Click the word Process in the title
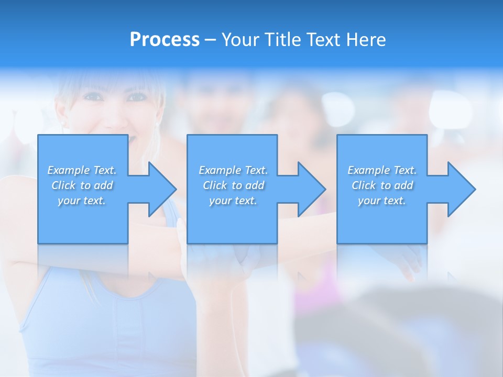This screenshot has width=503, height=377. pyautogui.click(x=165, y=39)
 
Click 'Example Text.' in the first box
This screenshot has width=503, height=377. pyautogui.click(x=82, y=170)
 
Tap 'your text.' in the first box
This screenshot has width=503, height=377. pyautogui.click(x=82, y=201)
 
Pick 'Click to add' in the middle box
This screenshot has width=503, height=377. pyautogui.click(x=233, y=185)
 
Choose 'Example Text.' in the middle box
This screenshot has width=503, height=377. pyautogui.click(x=233, y=170)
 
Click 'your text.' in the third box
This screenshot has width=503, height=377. pyautogui.click(x=382, y=201)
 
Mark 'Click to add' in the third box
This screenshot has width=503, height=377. pyautogui.click(x=382, y=185)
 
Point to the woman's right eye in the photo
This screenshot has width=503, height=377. pyautogui.click(x=137, y=97)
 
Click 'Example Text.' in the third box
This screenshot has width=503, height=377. pyautogui.click(x=382, y=170)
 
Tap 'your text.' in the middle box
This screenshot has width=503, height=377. pyautogui.click(x=233, y=201)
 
